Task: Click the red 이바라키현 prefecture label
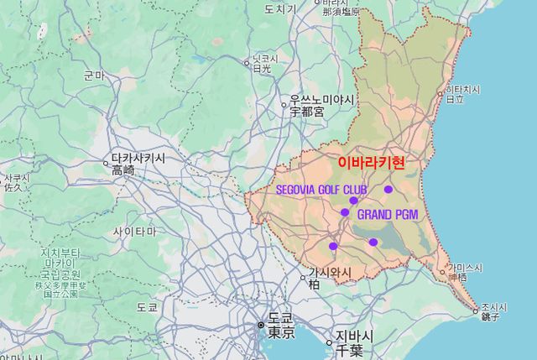(371, 163)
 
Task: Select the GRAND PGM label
(387, 215)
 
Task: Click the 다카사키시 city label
(138, 158)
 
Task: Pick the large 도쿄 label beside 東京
(281, 319)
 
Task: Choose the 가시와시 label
(330, 273)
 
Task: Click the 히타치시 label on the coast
(461, 89)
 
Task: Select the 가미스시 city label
(465, 267)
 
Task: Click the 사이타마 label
(134, 231)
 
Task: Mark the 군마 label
(94, 76)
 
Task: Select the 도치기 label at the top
(280, 8)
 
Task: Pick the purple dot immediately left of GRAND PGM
(345, 212)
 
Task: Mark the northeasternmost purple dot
(388, 190)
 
